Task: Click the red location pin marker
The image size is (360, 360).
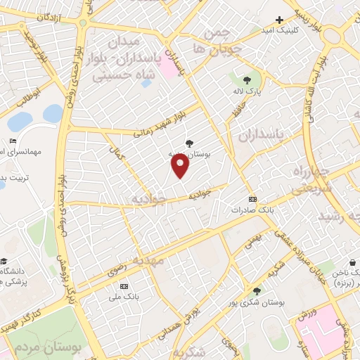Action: [x=181, y=166]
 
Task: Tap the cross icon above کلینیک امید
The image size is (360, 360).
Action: [x=279, y=20]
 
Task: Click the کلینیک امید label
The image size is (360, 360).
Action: [x=279, y=30]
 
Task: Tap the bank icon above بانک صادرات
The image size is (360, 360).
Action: [x=252, y=199]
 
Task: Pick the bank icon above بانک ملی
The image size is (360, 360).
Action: [x=124, y=286]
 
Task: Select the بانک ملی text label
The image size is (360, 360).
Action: [x=124, y=297]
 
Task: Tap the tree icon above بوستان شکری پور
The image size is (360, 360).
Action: [x=256, y=291]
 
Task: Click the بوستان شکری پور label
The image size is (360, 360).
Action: [x=256, y=302]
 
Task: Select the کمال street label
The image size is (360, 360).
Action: [x=115, y=150]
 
